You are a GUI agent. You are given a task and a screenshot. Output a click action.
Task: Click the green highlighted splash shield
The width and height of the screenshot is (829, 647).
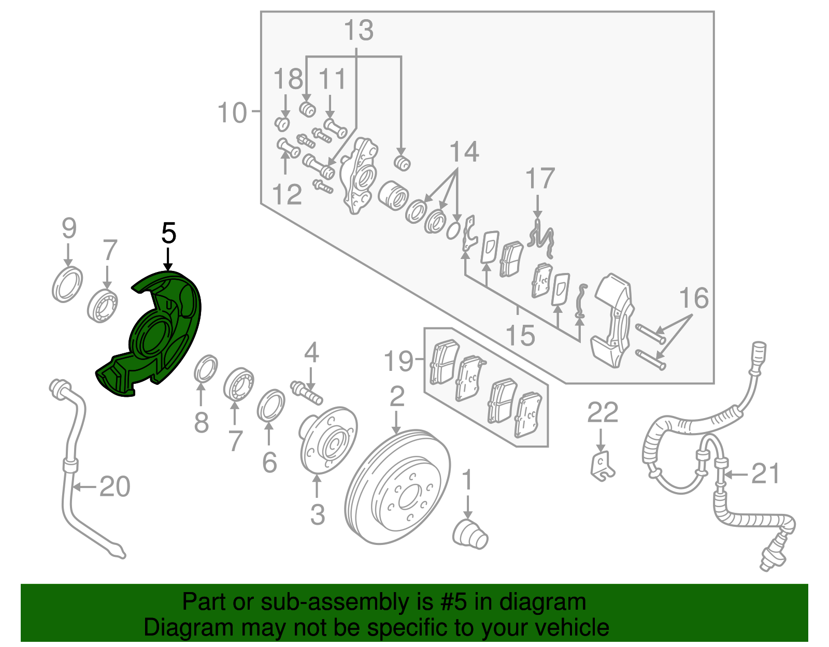(x=155, y=337)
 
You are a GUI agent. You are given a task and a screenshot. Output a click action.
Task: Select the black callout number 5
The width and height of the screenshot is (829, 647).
(x=169, y=234)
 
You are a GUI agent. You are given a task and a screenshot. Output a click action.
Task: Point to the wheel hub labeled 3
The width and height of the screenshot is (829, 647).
(x=328, y=440)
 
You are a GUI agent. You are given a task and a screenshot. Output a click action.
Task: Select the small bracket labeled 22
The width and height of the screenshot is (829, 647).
(x=601, y=465)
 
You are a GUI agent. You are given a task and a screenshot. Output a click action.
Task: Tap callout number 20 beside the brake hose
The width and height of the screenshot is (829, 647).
(x=115, y=487)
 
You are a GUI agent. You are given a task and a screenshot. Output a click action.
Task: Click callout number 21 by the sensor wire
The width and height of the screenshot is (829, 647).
(x=765, y=473)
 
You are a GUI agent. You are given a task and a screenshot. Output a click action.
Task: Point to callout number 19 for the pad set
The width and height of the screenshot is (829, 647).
(x=399, y=361)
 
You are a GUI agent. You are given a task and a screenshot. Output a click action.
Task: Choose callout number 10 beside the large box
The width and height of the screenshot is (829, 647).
(x=232, y=112)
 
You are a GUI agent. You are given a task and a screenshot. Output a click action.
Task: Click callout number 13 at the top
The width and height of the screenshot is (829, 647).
(x=359, y=31)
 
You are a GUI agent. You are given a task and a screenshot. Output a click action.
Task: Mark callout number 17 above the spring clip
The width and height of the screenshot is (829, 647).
(x=540, y=179)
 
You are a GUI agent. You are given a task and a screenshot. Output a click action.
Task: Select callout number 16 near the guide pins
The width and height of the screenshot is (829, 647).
(x=694, y=298)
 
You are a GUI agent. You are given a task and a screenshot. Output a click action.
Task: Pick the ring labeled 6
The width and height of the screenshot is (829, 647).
(x=270, y=406)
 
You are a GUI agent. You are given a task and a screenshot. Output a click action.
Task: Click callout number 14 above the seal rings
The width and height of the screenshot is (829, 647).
(x=464, y=152)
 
